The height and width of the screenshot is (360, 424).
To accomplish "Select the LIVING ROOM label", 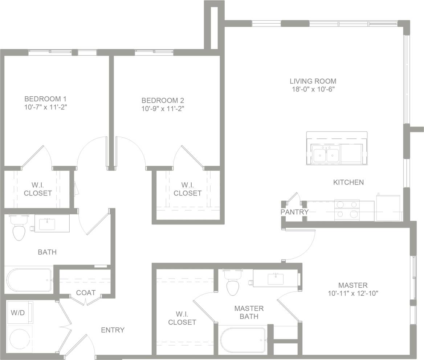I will click(x=313, y=81).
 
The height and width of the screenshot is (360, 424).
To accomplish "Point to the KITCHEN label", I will click(x=348, y=182).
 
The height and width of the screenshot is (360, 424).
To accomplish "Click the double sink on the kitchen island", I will click(x=326, y=155).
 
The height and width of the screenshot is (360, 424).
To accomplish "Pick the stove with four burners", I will click(x=347, y=210).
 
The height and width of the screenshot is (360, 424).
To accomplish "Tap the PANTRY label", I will click(x=294, y=212).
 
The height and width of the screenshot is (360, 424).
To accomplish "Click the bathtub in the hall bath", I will click(x=29, y=280).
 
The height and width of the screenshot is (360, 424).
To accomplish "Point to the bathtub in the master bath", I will click(x=243, y=340).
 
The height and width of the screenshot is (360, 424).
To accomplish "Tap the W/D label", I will click(x=17, y=312).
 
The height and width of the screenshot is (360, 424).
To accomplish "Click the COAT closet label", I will click(x=86, y=292).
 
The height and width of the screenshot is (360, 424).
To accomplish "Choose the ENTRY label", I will click(x=113, y=330).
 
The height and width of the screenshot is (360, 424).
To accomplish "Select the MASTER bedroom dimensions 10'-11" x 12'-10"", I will click(x=353, y=293).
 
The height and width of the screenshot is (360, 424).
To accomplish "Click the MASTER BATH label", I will click(x=249, y=312).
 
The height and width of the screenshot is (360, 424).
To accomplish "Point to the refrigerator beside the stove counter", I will click(x=388, y=209).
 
